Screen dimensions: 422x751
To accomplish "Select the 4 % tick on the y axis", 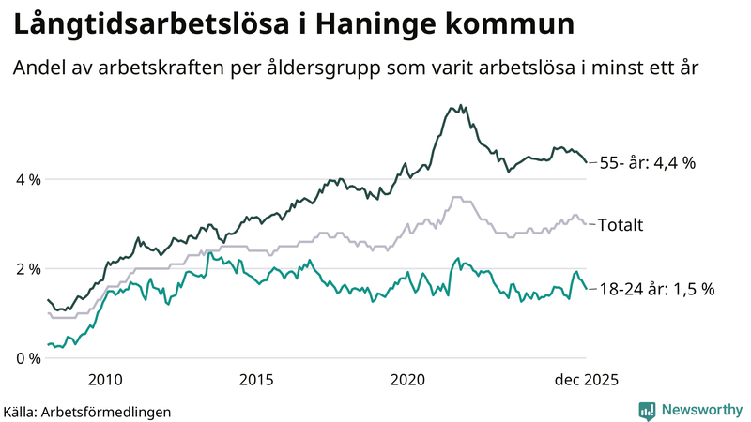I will tap(28, 179).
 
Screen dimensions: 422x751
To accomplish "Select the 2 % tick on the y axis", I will tap(28, 269).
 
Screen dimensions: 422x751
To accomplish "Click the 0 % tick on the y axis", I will tap(28, 358).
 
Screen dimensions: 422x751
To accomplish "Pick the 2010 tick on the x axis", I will tap(105, 379).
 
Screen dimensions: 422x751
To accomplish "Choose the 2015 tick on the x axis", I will tap(256, 379).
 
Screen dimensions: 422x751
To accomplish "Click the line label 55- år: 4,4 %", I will tap(647, 163).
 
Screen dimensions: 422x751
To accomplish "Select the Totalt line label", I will tap(621, 224).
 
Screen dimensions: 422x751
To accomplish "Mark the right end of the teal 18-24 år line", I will tap(587, 289).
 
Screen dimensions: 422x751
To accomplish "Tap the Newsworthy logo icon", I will tap(647, 410).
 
